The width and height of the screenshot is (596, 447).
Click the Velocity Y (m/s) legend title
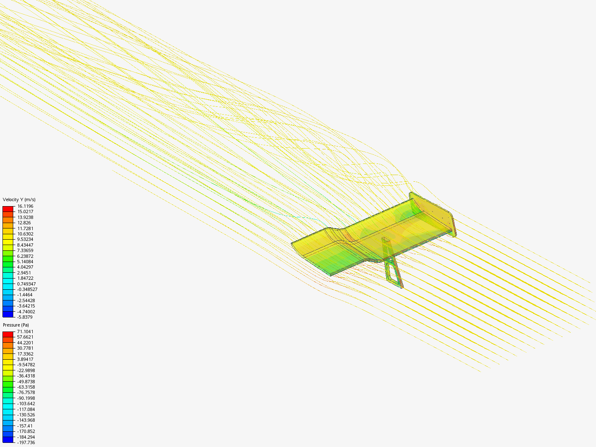point(19,199)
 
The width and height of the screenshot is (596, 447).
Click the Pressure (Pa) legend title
point(16,325)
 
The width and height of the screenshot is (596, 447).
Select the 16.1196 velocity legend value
point(25,206)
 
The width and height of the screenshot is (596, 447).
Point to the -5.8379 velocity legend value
point(25,317)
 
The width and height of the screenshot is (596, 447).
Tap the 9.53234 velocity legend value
point(25,239)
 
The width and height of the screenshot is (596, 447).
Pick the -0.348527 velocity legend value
point(27,289)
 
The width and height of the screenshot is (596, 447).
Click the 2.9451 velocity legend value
point(24,273)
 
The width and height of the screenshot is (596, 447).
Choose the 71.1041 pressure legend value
point(25,332)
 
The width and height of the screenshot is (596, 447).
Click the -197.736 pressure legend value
point(26,442)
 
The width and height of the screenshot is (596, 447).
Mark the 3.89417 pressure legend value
point(25,359)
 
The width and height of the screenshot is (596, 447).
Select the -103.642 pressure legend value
point(26,404)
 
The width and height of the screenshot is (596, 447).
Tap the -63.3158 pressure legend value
point(26,387)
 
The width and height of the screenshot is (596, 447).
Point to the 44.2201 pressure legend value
point(25,343)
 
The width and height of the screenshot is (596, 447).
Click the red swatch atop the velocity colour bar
point(8,209)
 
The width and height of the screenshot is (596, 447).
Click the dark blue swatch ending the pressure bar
point(8,440)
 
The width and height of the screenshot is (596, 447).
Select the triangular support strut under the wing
point(392,265)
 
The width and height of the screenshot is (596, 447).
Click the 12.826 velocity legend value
point(24,223)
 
